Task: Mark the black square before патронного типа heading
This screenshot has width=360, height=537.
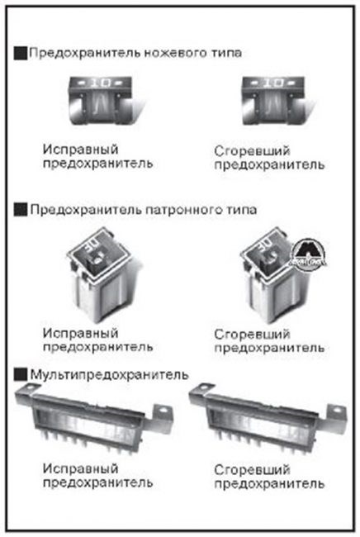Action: point(21,210)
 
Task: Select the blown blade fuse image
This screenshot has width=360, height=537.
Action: point(267,102)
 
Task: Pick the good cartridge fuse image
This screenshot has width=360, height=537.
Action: point(97,273)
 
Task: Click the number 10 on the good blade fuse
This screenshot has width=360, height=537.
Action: point(97,83)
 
